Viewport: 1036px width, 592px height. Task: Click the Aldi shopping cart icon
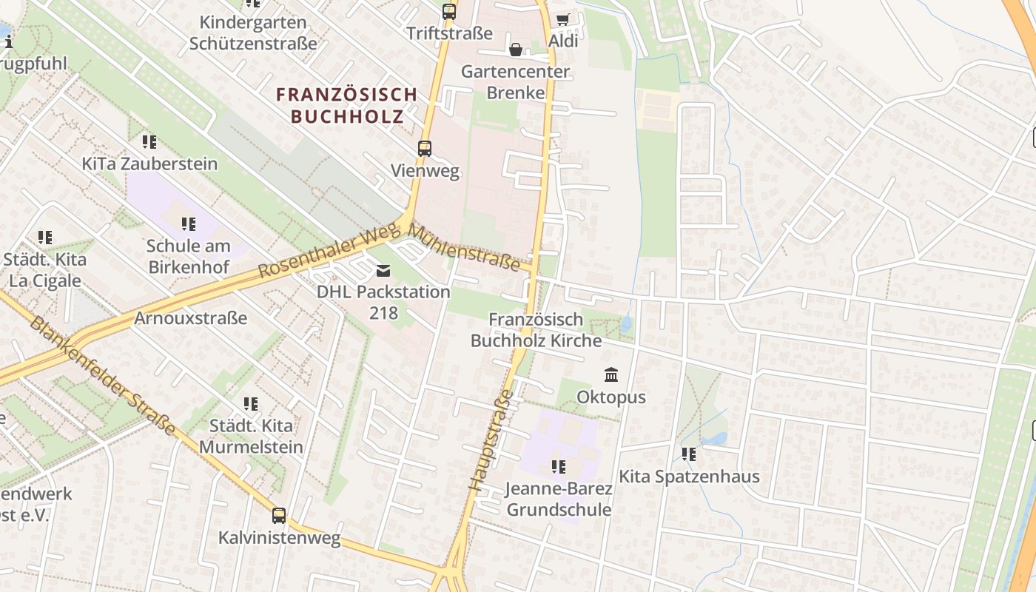tap(563, 19)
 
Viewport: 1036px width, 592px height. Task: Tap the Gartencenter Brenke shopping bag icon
tap(516, 50)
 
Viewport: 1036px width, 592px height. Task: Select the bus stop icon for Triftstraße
tap(449, 11)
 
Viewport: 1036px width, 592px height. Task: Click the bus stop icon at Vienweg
tap(425, 149)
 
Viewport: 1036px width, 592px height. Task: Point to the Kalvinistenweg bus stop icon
tap(279, 516)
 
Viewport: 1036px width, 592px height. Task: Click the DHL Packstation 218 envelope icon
tap(383, 270)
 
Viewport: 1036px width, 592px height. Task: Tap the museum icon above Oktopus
tap(611, 375)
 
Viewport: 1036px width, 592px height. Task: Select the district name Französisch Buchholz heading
tap(347, 105)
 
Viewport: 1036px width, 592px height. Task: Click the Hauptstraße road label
tap(490, 440)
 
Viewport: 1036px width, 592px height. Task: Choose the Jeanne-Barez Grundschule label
tap(559, 499)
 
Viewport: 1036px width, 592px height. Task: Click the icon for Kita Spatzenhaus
tap(689, 454)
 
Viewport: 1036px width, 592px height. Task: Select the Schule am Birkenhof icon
tap(189, 223)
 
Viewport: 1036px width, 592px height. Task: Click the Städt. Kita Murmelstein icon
tap(251, 404)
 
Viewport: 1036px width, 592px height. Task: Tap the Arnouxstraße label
tap(191, 318)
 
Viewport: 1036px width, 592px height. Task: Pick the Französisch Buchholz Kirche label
tap(536, 330)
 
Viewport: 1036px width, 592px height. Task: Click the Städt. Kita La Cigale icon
tap(45, 238)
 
